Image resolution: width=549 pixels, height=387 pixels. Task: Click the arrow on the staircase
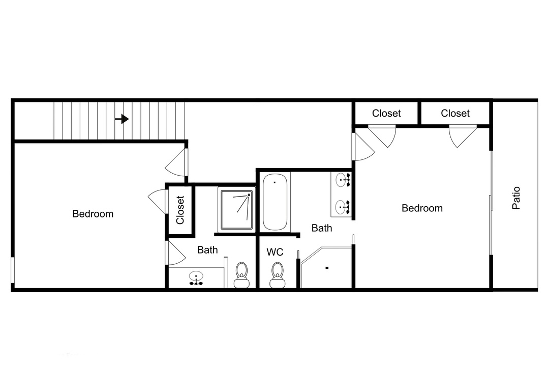tap(122, 119)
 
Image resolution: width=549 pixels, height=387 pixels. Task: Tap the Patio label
tap(516, 198)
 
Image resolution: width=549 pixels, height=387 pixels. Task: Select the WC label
tap(275, 252)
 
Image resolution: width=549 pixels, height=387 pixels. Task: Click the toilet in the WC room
tap(278, 275)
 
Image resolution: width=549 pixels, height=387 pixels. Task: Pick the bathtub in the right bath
tap(275, 202)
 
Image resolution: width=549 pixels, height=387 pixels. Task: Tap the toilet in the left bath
tap(241, 275)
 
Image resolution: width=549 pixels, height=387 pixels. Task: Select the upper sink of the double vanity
tap(342, 180)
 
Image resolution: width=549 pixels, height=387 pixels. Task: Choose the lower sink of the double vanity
tap(342, 207)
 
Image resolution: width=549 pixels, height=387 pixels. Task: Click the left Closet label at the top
tap(386, 114)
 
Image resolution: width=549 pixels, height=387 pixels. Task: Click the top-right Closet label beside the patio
tap(455, 114)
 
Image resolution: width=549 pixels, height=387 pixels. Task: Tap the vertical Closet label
tap(180, 210)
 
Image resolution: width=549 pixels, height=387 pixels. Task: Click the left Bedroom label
tap(93, 214)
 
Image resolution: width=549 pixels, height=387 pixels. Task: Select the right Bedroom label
tap(422, 208)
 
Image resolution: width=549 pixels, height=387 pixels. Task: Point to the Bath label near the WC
tap(322, 228)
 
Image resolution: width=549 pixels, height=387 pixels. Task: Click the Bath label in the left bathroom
tap(207, 250)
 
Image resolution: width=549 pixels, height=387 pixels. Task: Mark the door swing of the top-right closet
tap(463, 136)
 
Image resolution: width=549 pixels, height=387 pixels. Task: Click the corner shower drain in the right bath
tap(327, 268)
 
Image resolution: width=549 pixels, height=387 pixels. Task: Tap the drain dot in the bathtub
tap(275, 182)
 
